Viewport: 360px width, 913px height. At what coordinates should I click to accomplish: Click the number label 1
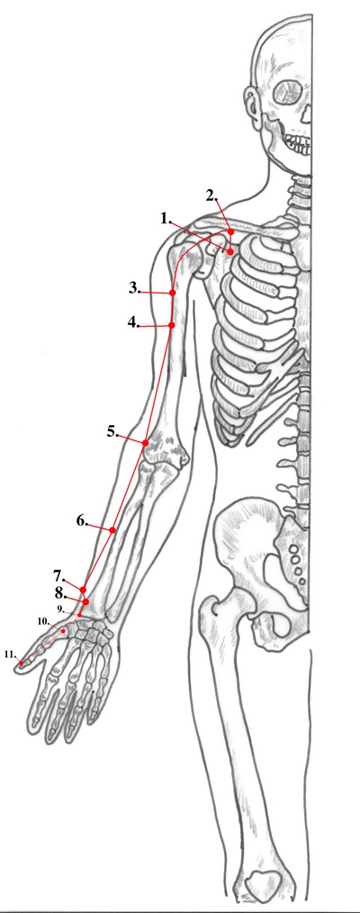tap(166, 219)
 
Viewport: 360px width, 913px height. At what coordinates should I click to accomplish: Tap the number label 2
tap(211, 195)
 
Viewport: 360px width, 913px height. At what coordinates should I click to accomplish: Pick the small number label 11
tap(9, 654)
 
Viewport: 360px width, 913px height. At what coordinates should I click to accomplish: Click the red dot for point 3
tap(173, 293)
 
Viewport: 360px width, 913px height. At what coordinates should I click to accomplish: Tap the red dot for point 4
tap(172, 325)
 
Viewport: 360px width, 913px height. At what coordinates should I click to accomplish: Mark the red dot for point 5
tap(145, 443)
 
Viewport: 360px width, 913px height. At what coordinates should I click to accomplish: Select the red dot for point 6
tap(112, 529)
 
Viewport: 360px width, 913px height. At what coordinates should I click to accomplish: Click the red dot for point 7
tap(84, 590)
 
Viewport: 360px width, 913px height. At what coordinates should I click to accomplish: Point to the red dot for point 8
tap(85, 601)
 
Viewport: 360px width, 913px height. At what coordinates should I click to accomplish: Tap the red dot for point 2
tap(231, 231)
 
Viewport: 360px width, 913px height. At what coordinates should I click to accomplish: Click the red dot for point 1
tap(230, 251)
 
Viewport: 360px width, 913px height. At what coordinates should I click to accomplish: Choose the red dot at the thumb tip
tap(21, 663)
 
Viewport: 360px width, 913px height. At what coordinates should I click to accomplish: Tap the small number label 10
tap(43, 621)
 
